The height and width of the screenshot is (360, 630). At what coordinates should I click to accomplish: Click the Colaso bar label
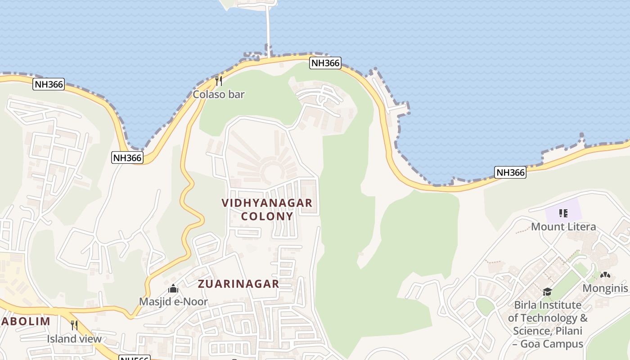coord(218,94)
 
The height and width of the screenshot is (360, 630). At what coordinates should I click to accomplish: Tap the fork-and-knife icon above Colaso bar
coord(218,81)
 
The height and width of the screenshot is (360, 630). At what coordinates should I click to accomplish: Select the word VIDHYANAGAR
coord(267,203)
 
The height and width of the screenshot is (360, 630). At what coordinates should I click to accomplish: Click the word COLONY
coord(267,216)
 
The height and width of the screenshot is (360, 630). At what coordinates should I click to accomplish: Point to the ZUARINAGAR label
coord(238,284)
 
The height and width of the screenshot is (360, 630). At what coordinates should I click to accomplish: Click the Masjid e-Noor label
coord(173,301)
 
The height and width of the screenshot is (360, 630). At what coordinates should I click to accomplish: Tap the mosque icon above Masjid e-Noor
coord(173,289)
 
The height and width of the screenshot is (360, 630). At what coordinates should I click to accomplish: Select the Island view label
coord(74,338)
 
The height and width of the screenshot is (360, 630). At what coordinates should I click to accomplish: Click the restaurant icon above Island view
coord(74,325)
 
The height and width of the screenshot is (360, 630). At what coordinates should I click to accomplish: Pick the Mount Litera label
coord(563,226)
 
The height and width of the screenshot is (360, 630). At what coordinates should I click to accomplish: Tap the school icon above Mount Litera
coord(563,213)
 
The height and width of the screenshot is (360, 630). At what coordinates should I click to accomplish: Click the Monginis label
coord(605,288)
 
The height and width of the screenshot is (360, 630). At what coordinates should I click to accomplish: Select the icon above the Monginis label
coord(605,275)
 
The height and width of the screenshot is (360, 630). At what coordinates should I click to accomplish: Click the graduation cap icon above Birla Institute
coord(547,292)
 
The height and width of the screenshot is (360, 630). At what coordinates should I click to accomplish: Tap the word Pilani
coord(568,331)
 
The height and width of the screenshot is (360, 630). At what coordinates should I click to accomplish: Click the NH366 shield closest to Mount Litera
coord(510,172)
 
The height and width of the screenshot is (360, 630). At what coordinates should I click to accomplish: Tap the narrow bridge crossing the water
coord(269,27)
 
